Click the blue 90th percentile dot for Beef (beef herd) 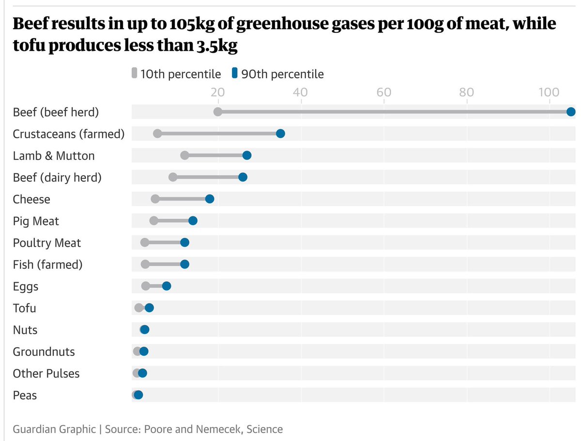[571, 112]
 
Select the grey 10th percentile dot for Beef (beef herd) [218, 112]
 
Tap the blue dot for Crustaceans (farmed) [280, 134]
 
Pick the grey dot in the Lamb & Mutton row [184, 155]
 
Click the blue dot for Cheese [210, 199]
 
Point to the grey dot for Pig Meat [154, 221]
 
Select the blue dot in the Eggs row [167, 286]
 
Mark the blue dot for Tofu [149, 308]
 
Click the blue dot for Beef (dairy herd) [243, 177]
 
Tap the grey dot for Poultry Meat [145, 243]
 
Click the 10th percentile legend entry [176, 74]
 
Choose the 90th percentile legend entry [277, 74]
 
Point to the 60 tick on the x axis [384, 92]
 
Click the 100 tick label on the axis [549, 92]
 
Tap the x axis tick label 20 [218, 92]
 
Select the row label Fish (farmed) [47, 265]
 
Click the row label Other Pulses [46, 374]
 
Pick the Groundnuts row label [44, 352]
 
